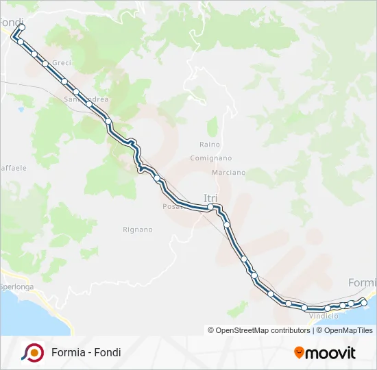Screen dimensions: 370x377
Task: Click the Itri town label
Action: pos(210,198)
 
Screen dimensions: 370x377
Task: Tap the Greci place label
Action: pos(62,63)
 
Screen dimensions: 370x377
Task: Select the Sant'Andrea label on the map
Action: pos(86,99)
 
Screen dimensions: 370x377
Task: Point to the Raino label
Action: pos(210,145)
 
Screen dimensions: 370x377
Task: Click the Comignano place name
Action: pos(211,158)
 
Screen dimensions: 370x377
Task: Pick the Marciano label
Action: pos(228,173)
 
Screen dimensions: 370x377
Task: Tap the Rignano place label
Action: pos(137,230)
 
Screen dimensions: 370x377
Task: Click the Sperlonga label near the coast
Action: pos(16,287)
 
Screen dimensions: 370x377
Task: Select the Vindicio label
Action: pos(324,316)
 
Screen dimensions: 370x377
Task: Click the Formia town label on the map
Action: pos(362,282)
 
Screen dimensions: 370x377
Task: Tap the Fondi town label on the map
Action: pos(11,22)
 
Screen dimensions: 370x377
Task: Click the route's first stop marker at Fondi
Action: pos(21,27)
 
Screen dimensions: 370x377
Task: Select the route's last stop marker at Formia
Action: pos(364,302)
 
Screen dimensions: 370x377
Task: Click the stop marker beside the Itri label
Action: pos(211,206)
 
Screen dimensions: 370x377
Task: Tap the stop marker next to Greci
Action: pos(45,64)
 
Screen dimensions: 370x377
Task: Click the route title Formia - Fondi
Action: pos(86,352)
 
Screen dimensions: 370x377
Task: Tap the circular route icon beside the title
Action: pos(32,352)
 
